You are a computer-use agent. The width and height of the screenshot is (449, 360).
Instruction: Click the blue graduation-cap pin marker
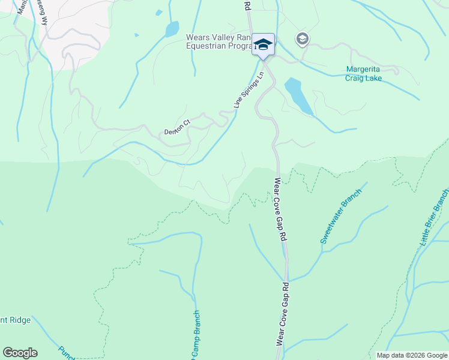(263, 45)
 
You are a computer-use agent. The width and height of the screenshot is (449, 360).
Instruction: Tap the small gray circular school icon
(302, 40)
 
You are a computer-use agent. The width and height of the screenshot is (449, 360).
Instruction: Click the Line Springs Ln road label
(249, 91)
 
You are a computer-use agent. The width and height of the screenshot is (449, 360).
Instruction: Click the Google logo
(20, 353)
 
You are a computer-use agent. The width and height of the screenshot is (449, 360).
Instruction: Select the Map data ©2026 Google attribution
(412, 355)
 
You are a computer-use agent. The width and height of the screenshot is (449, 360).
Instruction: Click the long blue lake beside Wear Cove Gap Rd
(298, 95)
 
